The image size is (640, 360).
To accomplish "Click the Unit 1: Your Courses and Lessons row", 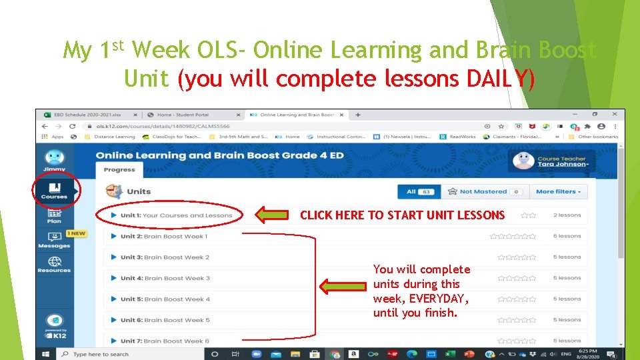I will (x=176, y=215).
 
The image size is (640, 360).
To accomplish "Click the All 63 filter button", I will (x=418, y=191).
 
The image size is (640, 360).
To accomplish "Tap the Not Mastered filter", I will (x=484, y=191).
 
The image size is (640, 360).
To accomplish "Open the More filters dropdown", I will (x=558, y=191).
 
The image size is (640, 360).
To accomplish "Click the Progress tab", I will (x=119, y=169).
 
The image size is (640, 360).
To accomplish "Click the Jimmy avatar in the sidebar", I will (x=54, y=159).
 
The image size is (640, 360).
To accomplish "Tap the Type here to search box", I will (x=100, y=354).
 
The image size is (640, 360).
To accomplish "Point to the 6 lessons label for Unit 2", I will (x=567, y=236).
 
